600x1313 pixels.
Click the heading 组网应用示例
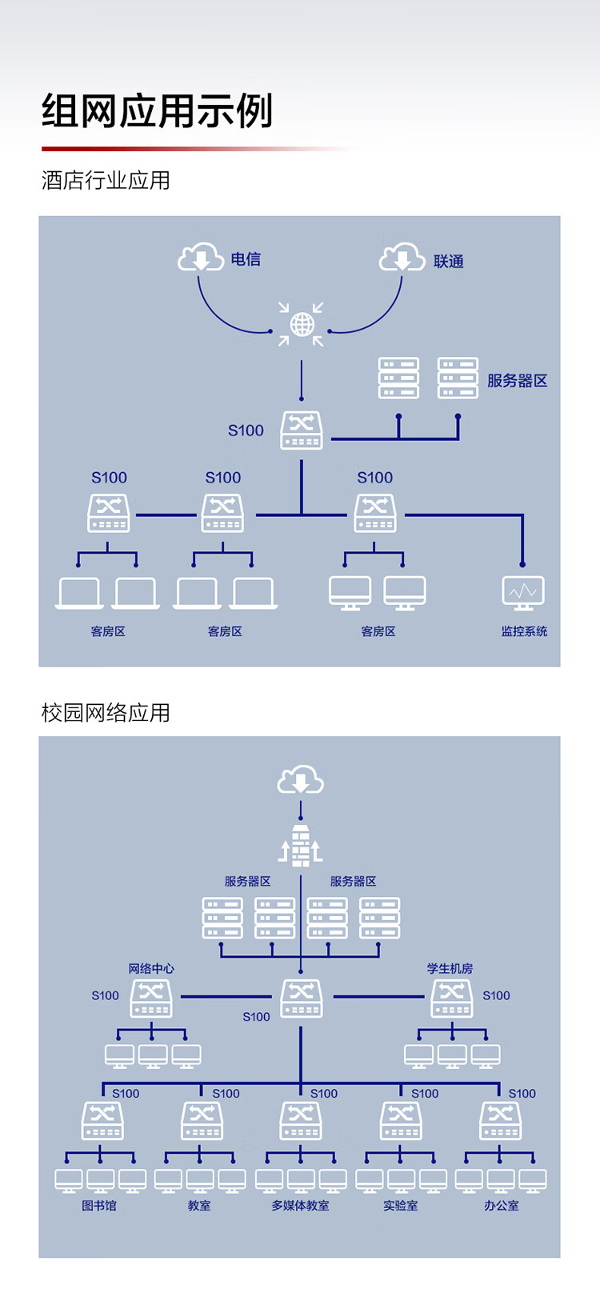click(x=158, y=111)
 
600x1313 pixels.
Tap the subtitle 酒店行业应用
click(x=106, y=181)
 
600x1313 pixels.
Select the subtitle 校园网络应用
click(x=106, y=713)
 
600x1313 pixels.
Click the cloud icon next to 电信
click(x=200, y=258)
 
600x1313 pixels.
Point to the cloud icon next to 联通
click(x=401, y=258)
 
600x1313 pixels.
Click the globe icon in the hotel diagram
click(x=302, y=324)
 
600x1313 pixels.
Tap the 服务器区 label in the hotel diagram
click(x=517, y=381)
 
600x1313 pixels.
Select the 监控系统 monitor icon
click(x=523, y=593)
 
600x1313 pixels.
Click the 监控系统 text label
click(x=524, y=631)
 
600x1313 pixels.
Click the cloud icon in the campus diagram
click(x=301, y=780)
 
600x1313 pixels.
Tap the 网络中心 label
click(x=151, y=968)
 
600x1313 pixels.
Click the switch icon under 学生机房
click(x=452, y=998)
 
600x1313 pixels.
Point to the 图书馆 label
click(x=99, y=1205)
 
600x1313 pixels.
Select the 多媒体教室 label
click(x=300, y=1205)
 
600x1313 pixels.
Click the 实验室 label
click(x=400, y=1205)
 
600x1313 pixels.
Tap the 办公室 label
click(x=501, y=1205)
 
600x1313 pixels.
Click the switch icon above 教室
click(x=202, y=1120)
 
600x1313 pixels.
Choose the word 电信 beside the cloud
click(x=246, y=259)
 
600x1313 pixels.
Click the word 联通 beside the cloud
click(x=448, y=262)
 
